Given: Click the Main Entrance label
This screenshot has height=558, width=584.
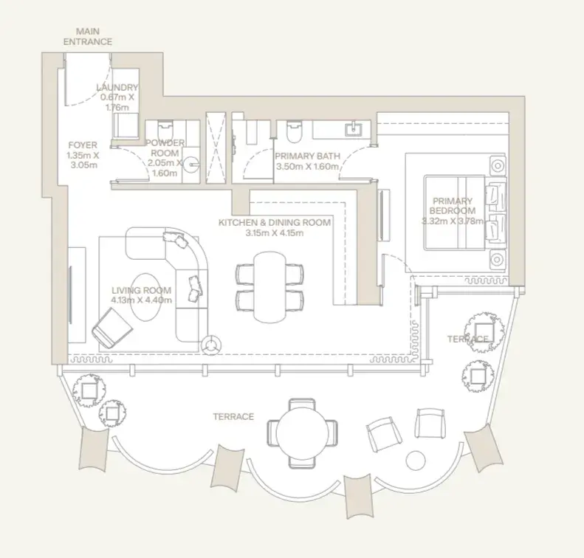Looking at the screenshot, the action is (88, 36).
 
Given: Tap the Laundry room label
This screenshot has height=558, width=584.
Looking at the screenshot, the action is (117, 88).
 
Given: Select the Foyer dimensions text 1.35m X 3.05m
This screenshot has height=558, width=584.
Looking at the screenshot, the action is (83, 160).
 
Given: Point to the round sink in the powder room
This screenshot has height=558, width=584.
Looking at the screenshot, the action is (192, 164).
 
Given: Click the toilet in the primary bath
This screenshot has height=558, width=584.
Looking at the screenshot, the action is (294, 131).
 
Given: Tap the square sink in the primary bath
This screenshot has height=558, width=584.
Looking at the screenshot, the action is (353, 130).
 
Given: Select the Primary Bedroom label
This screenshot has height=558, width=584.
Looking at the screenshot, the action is (453, 206).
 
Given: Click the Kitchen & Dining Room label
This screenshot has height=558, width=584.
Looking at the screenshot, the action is (275, 223).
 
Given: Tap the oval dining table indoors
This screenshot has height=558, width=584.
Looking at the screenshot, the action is (270, 287).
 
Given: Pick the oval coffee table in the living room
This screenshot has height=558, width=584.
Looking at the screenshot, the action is (146, 297).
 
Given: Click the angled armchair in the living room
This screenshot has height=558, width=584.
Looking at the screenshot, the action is (111, 328).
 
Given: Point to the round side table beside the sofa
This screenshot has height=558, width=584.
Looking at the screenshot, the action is (211, 345).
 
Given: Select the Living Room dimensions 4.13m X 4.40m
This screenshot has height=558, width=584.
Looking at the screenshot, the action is (142, 300).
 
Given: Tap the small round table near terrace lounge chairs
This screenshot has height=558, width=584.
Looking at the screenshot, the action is (415, 461).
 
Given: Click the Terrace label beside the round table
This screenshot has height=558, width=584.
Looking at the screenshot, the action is (233, 416).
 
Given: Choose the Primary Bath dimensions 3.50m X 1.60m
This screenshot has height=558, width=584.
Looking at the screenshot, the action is (307, 166).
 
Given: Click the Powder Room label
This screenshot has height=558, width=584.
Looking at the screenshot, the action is (165, 148).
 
